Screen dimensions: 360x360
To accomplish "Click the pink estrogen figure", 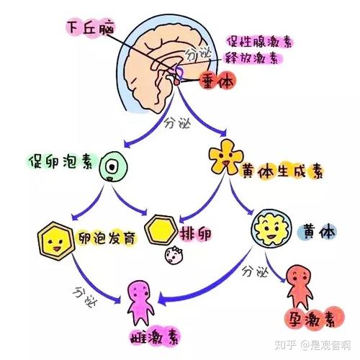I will click(140, 300).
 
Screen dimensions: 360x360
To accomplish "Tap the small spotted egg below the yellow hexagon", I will click(173, 253).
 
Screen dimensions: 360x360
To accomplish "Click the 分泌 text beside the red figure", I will click(254, 272).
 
